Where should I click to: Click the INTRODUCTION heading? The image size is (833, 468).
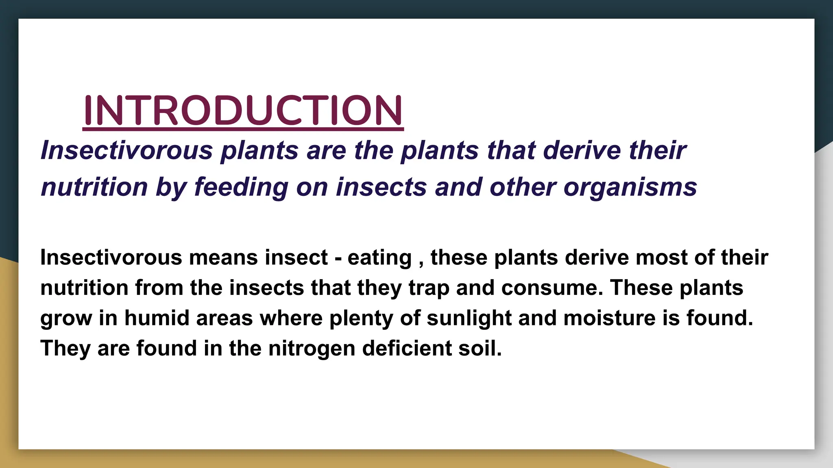tap(243, 110)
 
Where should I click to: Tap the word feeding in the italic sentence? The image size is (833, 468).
tap(241, 187)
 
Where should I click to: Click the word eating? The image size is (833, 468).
tap(379, 258)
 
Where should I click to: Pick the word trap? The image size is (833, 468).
tap(429, 288)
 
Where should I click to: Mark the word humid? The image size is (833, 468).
tap(157, 318)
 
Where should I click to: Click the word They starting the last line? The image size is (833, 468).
tap(65, 348)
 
